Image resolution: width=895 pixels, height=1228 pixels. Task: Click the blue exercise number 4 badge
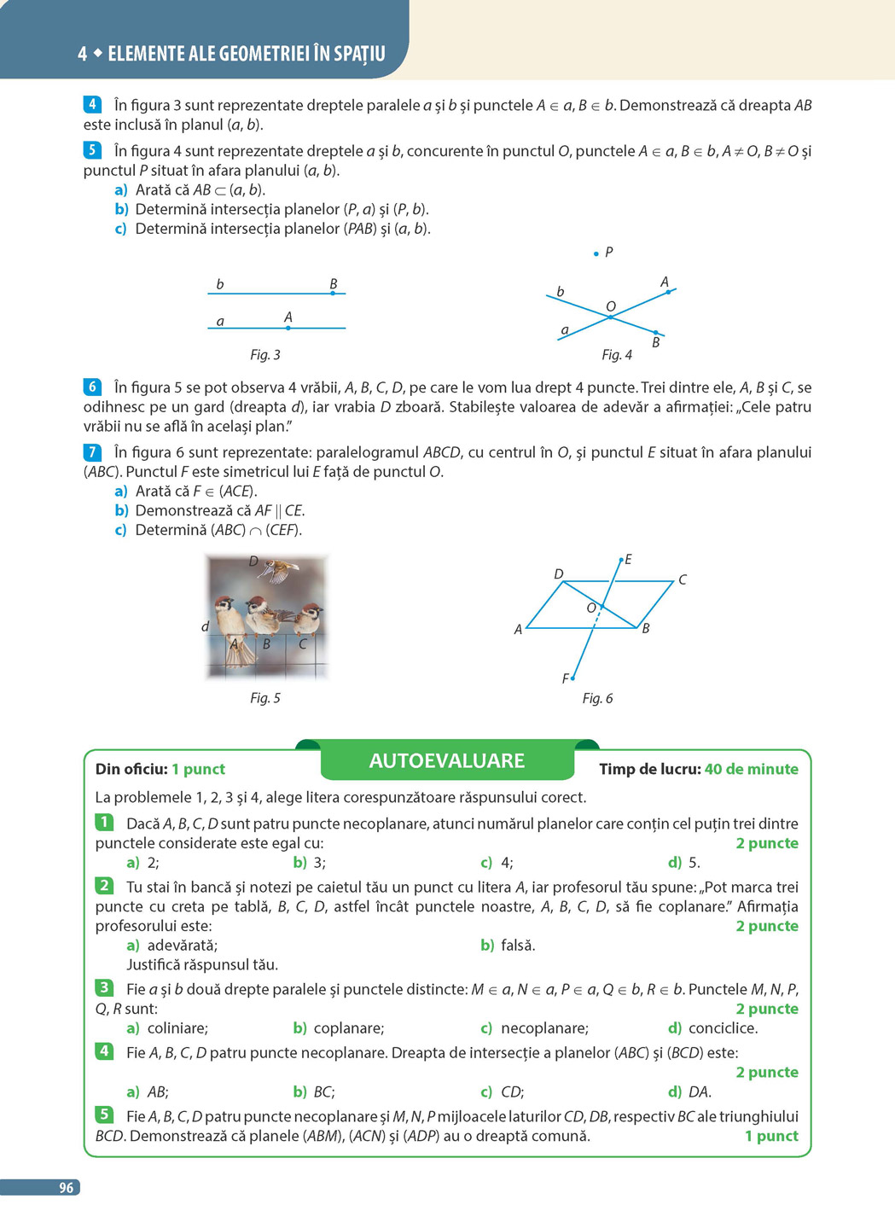coord(92,105)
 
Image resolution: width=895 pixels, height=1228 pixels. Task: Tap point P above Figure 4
coord(596,253)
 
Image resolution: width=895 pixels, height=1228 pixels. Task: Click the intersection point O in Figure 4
coord(610,317)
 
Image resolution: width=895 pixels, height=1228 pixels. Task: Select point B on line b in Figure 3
coord(333,293)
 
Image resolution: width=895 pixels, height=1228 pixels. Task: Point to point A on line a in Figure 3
coord(288,328)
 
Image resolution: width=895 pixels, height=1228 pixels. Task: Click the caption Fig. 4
coord(617,355)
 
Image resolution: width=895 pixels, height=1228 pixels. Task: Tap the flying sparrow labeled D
coord(278,569)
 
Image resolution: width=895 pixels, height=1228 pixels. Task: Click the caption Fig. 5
coord(264,698)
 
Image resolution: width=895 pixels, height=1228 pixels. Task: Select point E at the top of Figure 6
coord(621,560)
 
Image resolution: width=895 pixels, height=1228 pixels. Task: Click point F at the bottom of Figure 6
coord(572,678)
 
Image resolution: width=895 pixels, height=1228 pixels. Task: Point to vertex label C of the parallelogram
coord(683,580)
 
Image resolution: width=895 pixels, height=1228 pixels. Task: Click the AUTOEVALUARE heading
coord(446,760)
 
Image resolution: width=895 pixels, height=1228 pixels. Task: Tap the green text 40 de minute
coord(751,769)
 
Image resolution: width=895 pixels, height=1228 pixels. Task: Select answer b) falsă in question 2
coord(509,946)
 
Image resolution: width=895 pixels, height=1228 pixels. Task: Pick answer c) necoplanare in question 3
coord(535,1028)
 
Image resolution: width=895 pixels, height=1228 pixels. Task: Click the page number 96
coord(66,1188)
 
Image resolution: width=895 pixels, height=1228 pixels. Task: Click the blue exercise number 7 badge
coord(92,452)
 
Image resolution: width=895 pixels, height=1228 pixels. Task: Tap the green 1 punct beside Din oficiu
coord(198,769)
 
